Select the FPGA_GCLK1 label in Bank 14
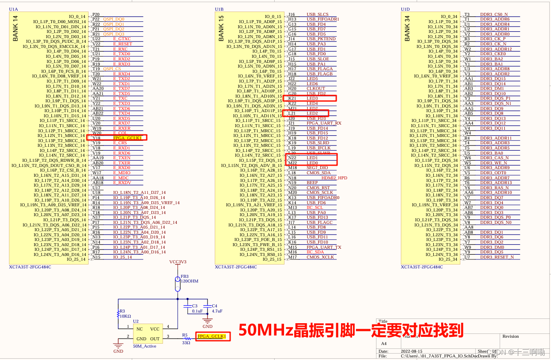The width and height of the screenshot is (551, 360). [127, 138]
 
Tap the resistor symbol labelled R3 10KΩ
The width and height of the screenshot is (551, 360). [118, 314]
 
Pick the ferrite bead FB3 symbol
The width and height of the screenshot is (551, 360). [178, 283]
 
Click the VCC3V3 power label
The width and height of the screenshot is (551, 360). [178, 262]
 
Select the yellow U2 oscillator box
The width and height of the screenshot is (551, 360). [148, 333]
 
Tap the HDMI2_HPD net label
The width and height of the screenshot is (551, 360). [334, 178]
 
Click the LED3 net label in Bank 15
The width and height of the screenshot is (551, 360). [312, 98]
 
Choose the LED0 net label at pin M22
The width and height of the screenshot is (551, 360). [312, 163]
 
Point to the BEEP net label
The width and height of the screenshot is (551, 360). [312, 183]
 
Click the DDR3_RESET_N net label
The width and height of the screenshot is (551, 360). [497, 257]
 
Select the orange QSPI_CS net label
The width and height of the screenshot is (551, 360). [112, 69]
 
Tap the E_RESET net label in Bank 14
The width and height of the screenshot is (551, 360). [122, 44]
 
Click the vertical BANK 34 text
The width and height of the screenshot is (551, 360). [407, 29]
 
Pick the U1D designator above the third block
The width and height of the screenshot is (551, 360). [405, 9]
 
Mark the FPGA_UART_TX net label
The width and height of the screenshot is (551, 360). [323, 247]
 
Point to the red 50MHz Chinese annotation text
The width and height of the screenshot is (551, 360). [351, 330]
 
